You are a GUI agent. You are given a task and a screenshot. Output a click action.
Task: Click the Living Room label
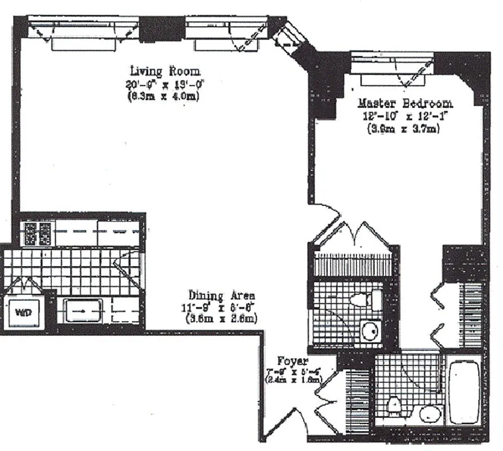click(x=165, y=71)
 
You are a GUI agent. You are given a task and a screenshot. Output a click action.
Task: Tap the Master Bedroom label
click(x=405, y=104)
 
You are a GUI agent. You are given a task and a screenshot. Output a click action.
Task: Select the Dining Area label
click(x=222, y=295)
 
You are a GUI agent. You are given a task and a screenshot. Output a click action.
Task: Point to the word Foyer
click(x=292, y=361)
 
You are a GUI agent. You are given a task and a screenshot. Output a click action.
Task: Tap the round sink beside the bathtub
click(x=430, y=414)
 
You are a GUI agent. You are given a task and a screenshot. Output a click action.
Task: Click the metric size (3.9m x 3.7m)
click(x=403, y=129)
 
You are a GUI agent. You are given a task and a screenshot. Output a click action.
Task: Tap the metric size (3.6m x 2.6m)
click(x=222, y=319)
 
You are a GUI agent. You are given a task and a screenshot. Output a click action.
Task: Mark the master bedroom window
click(x=392, y=63)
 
